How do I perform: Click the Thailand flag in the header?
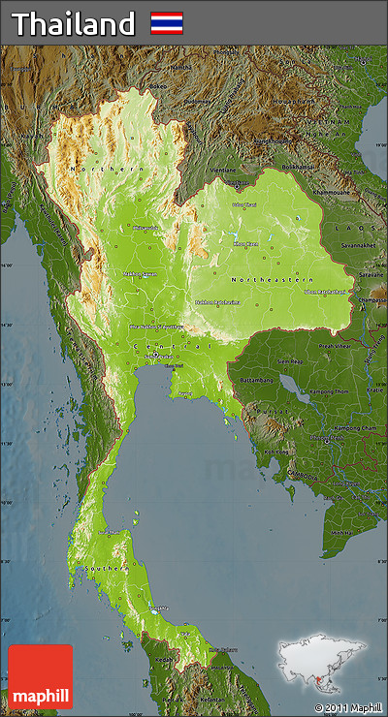[167, 23]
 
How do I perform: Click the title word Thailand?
[73, 24]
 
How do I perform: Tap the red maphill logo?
[40, 676]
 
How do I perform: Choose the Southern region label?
[104, 567]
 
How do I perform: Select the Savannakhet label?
[356, 245]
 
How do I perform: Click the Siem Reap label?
[289, 361]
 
